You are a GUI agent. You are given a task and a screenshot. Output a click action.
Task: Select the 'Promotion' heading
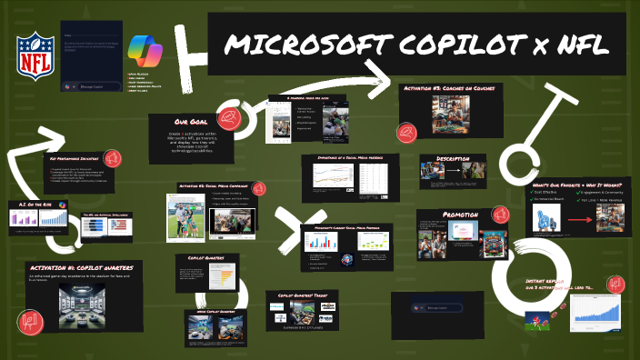(459, 215)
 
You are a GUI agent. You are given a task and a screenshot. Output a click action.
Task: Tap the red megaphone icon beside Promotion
(498, 215)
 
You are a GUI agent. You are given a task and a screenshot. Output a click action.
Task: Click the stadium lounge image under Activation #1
(80, 304)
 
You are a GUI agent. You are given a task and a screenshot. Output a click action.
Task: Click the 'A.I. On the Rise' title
(31, 205)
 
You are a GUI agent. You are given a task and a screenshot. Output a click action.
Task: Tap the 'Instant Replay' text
(545, 282)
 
